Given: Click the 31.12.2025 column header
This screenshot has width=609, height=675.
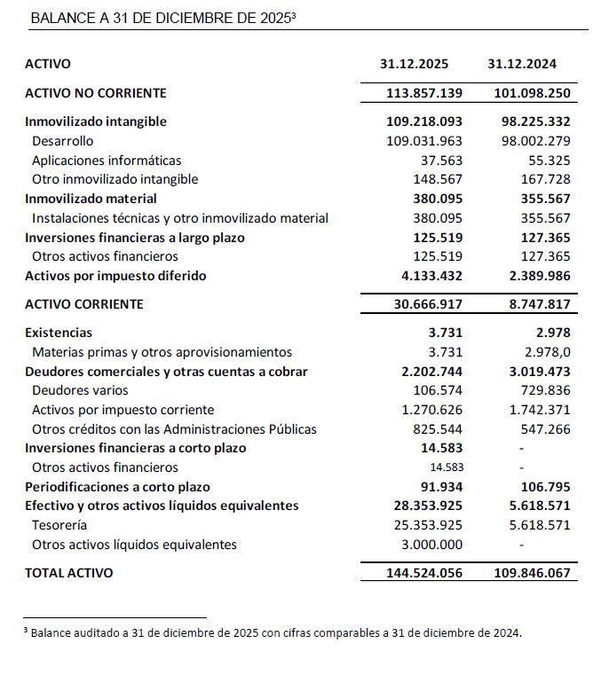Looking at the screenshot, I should coord(414,64).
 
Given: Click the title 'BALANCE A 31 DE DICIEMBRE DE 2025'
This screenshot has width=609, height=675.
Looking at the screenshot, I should coord(162,18).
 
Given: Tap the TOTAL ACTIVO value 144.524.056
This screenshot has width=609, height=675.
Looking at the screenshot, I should coord(424,573).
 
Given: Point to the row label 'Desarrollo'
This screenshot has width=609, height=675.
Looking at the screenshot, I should coord(62,141).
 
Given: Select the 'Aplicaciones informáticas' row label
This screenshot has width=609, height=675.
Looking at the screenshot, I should coord(107,161).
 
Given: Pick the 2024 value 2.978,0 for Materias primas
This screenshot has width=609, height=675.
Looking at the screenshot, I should coord(542,352).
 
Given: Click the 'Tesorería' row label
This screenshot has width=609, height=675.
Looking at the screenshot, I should coord(59,525).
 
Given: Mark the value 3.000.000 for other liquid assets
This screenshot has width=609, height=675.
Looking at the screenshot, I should coord(431,545).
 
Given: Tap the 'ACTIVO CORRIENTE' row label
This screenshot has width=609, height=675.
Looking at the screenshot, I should coord(83,304).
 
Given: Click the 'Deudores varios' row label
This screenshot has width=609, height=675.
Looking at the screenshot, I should coord(80,390).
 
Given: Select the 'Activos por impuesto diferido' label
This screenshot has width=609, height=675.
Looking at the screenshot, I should coord(115,276).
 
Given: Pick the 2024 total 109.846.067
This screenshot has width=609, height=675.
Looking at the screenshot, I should coord(532,573).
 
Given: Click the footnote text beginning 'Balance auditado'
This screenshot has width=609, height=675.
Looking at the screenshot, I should coord(276,633).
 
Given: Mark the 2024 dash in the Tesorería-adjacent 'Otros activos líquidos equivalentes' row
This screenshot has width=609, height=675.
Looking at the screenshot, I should coord(521,545).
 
